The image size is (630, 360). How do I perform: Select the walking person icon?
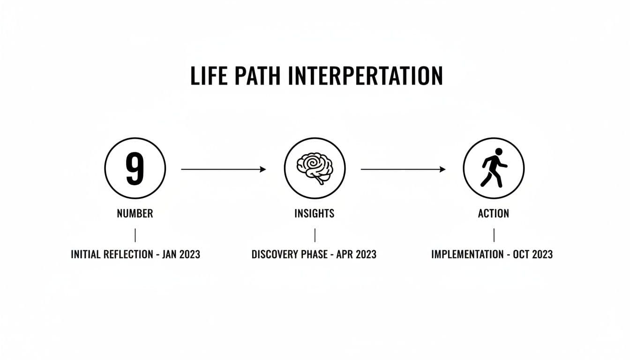click(x=494, y=168)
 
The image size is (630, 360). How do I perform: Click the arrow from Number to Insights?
click(x=224, y=169)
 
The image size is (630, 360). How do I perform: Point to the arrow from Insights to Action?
click(x=403, y=169)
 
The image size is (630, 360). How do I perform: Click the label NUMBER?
click(x=135, y=214)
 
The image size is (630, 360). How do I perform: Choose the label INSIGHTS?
click(x=315, y=214)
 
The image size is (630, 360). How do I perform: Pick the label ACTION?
click(x=494, y=214)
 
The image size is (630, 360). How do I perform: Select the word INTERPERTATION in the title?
click(x=366, y=76)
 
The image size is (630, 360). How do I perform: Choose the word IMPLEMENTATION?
click(x=467, y=255)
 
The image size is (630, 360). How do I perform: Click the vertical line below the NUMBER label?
click(x=135, y=235)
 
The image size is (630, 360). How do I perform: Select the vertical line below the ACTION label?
click(x=494, y=235)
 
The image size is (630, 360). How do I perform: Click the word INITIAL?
click(x=86, y=255)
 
